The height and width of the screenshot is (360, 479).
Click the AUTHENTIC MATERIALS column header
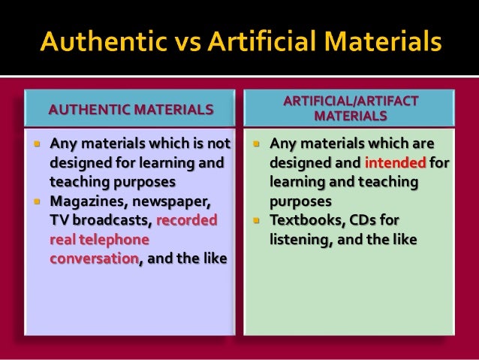point(131,110)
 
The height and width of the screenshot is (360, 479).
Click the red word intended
point(395,162)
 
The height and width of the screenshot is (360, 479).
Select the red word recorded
point(188,220)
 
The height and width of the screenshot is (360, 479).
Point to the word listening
point(300,240)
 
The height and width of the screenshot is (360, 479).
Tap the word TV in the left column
point(59,220)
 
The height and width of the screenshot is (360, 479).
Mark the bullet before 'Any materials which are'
point(256,143)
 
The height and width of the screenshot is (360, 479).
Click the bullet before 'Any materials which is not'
point(35,143)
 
